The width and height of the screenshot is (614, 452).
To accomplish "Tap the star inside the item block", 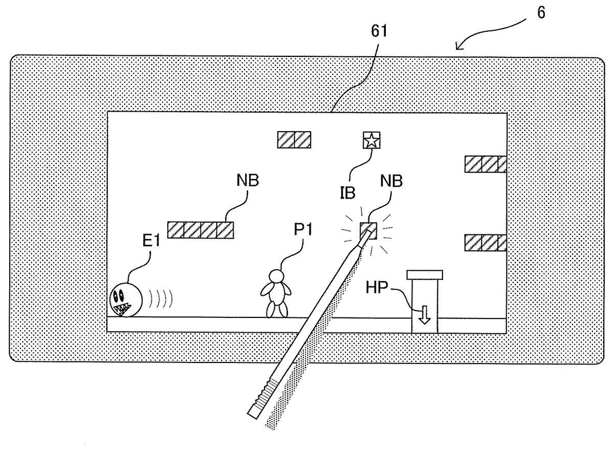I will click(370, 140).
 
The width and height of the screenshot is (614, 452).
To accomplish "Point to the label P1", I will click(303, 231).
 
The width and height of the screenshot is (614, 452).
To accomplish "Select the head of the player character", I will click(277, 276).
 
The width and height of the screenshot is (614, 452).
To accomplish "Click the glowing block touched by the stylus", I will click(368, 230).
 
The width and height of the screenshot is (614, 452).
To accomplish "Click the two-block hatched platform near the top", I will click(294, 140).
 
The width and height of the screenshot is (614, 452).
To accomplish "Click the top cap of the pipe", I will click(425, 275).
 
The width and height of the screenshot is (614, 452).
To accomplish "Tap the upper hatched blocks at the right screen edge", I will click(485, 164).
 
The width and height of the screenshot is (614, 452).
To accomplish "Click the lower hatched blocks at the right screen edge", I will click(485, 242).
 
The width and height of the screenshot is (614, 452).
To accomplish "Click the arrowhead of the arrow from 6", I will click(457, 49).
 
